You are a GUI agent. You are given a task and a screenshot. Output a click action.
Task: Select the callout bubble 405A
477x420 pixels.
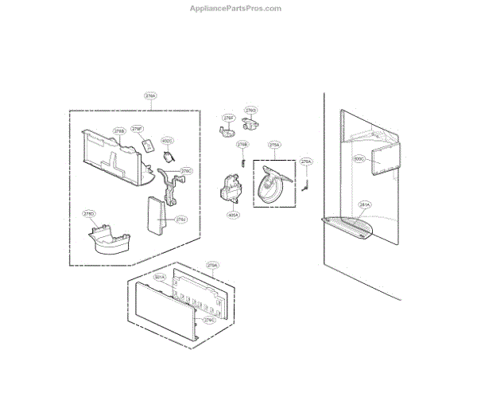coord(234,215)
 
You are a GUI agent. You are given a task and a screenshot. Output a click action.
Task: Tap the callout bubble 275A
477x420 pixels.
coord(274,146)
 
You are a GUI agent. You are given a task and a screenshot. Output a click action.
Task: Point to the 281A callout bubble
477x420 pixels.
coord(364,204)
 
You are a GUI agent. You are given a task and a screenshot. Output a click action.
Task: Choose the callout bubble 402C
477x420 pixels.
coord(168,141)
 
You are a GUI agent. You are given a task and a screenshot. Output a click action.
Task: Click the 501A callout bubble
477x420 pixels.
coord(160,278)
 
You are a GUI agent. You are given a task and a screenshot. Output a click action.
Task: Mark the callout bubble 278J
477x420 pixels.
coord(181,219)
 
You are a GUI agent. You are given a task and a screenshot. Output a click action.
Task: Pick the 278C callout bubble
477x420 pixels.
coord(187,170)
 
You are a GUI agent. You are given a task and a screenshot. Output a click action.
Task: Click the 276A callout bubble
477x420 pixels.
coord(306,161)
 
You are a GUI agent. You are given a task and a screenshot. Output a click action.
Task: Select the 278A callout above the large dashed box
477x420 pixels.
coord(150,96)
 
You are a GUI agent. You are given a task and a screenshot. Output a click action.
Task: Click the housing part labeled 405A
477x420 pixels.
coord(231,191)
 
